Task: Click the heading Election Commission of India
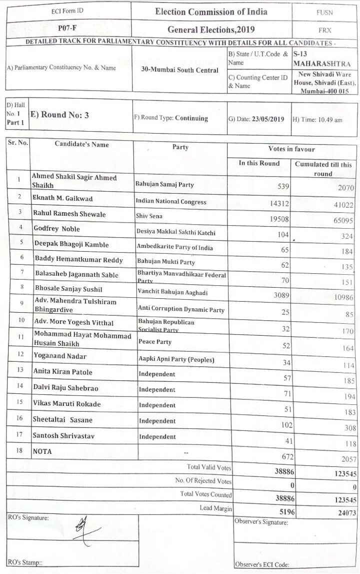pos(211,12)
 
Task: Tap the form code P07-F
pos(66,29)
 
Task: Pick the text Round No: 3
pos(59,115)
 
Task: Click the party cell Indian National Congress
pos(171,202)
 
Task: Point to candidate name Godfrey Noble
pos(56,229)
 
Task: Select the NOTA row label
pos(42,451)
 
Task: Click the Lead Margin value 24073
pos(344,512)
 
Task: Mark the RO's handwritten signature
pos(85,530)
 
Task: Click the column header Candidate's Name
pos(81,145)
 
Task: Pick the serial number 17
pos(18,434)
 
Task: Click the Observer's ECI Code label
pos(261,565)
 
